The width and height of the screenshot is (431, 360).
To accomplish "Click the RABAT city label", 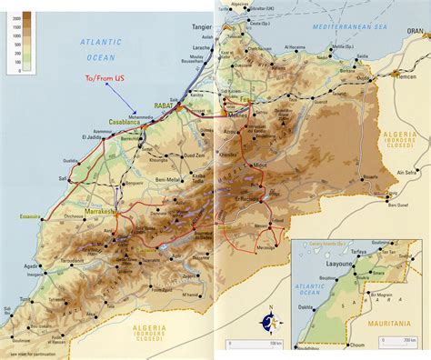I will [x=165, y=105].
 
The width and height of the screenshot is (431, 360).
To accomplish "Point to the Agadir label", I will [x=32, y=266].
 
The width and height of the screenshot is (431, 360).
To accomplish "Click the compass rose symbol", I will [x=268, y=319].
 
